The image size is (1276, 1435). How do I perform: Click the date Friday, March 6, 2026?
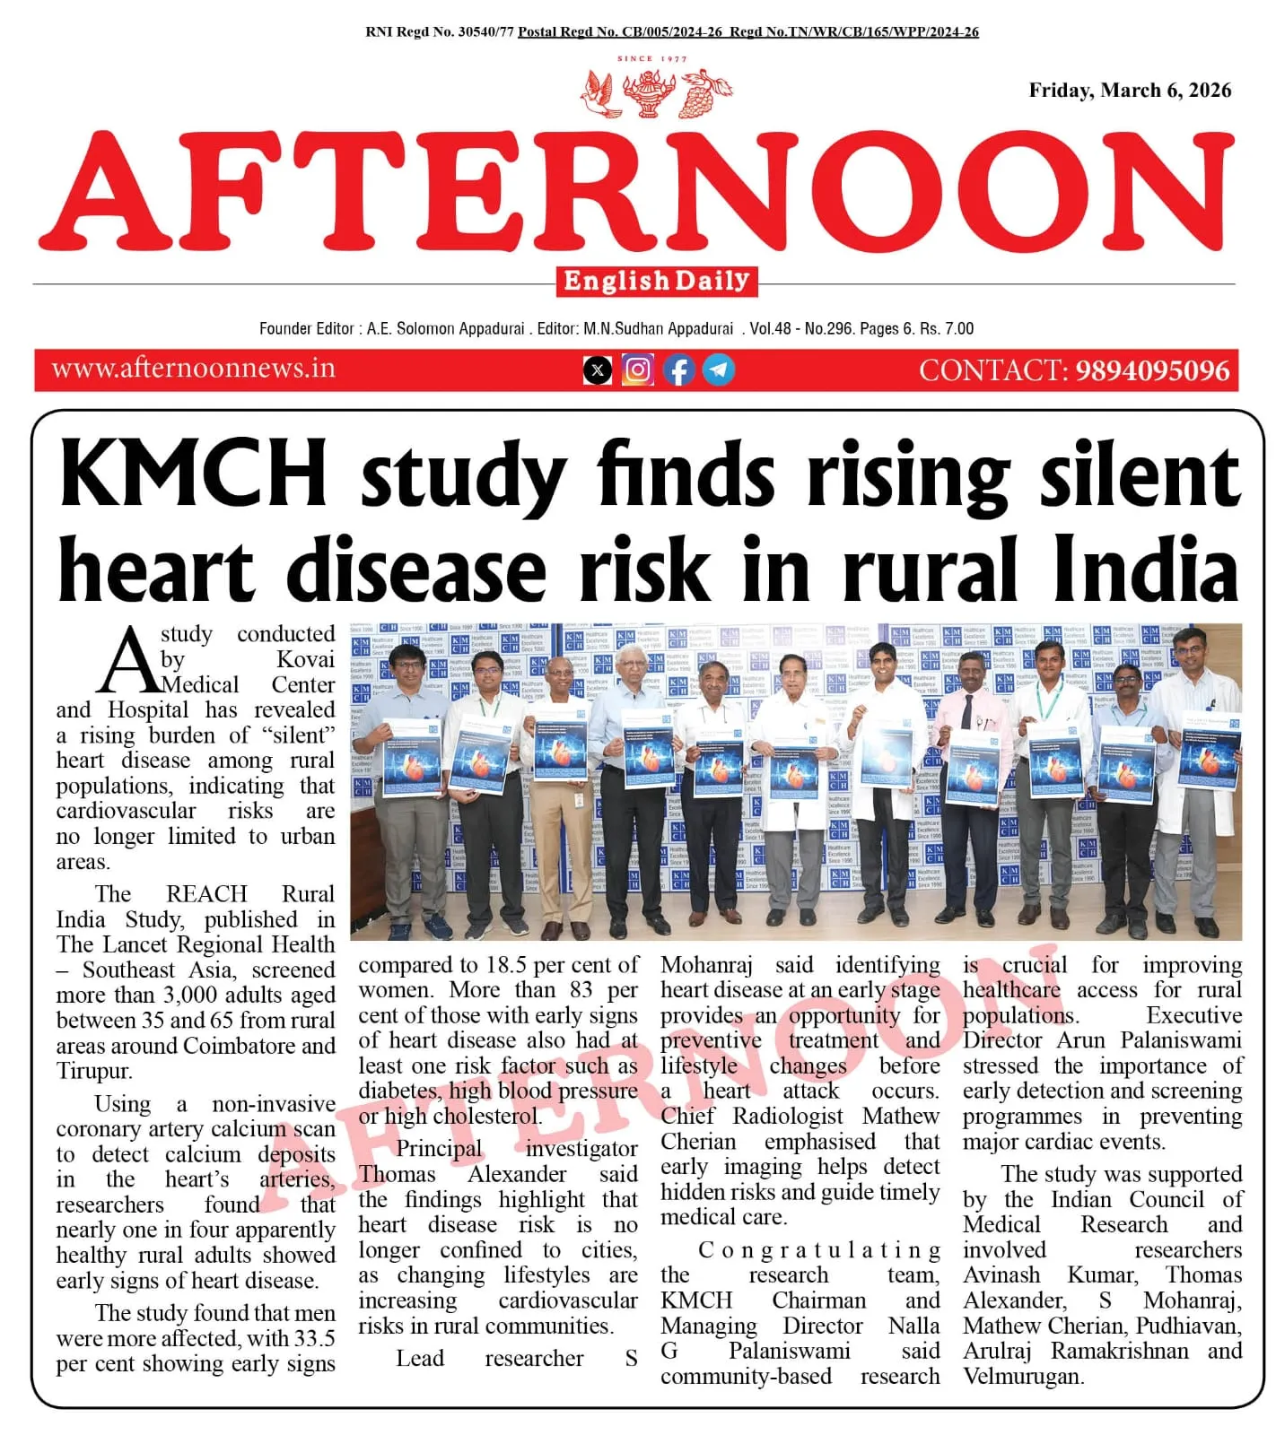pyautogui.click(x=1129, y=91)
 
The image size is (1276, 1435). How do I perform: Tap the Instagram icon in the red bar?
pyautogui.click(x=637, y=370)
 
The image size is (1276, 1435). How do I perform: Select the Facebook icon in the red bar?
pyautogui.click(x=678, y=370)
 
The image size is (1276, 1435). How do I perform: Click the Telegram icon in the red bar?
pyautogui.click(x=718, y=370)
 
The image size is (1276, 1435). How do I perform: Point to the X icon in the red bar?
pyautogui.click(x=598, y=370)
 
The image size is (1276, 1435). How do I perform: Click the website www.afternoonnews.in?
pyautogui.click(x=193, y=369)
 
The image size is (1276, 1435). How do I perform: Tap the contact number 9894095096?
pyautogui.click(x=1152, y=370)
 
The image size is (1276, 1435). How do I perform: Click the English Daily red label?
pyautogui.click(x=656, y=282)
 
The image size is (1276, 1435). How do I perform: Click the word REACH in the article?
pyautogui.click(x=206, y=894)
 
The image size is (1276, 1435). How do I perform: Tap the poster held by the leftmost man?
pyautogui.click(x=411, y=758)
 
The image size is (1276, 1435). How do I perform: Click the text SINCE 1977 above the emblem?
pyautogui.click(x=652, y=59)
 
